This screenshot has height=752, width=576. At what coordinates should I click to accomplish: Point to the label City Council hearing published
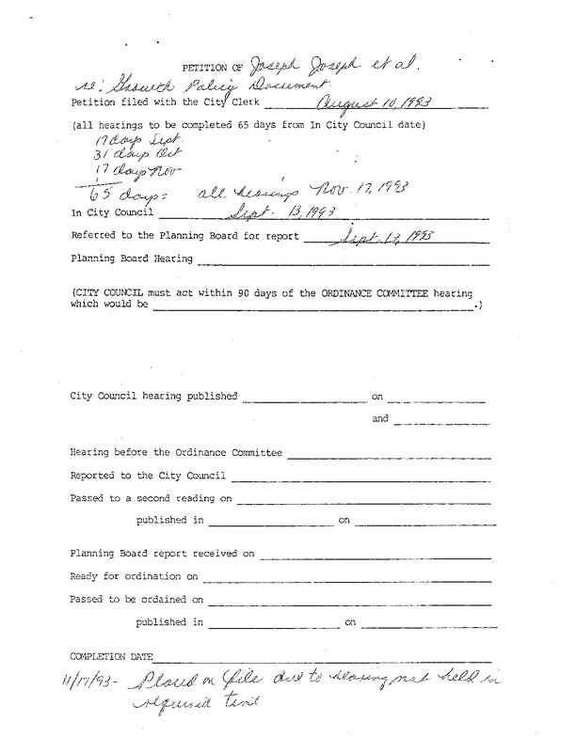point(154,396)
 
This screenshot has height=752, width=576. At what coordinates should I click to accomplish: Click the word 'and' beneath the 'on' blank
point(379,418)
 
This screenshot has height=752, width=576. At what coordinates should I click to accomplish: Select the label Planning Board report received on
point(162,554)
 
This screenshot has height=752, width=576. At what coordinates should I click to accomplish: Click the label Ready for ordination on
point(135,575)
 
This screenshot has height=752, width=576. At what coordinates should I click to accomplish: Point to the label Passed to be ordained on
point(137,598)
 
